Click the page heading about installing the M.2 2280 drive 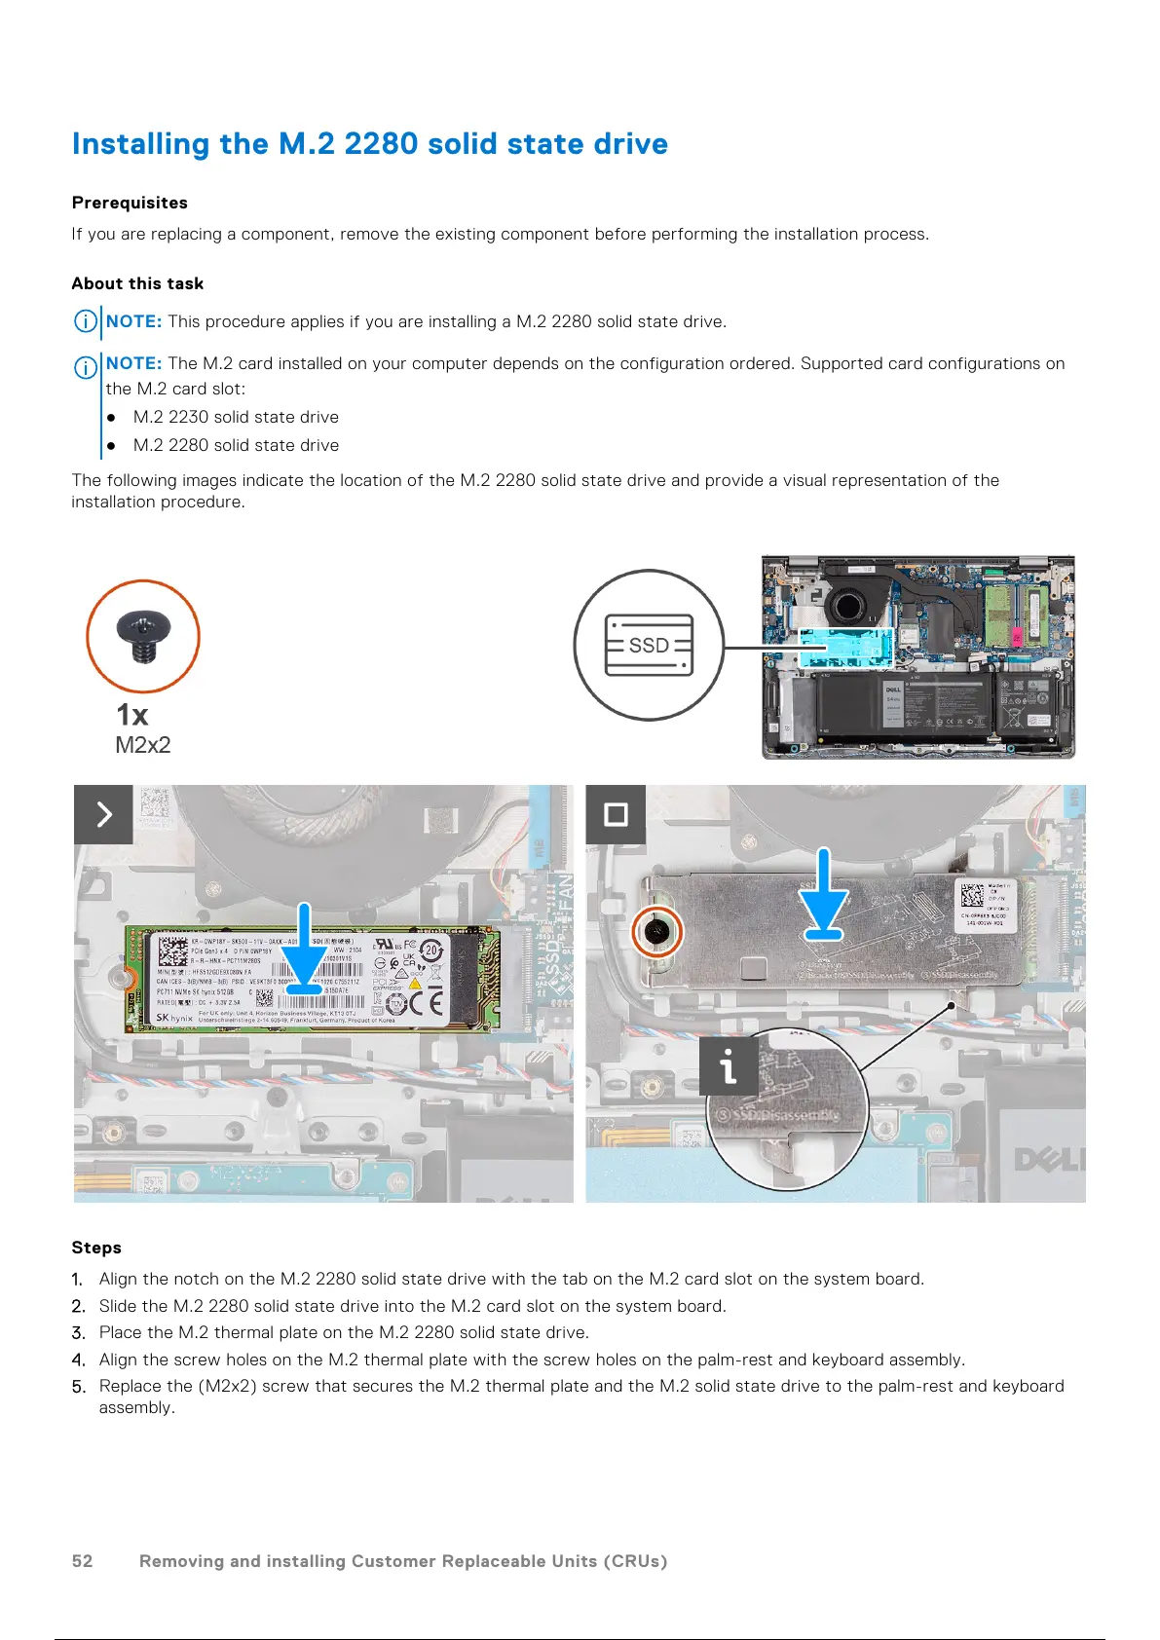point(369,144)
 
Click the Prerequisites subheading point(130,203)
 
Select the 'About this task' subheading point(137,283)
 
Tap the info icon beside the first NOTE point(86,321)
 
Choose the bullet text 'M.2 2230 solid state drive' point(236,417)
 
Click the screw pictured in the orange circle point(143,636)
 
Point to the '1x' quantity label point(132,715)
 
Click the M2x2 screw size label point(143,745)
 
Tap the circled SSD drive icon point(649,645)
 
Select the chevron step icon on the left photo point(103,814)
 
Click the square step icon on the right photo point(616,814)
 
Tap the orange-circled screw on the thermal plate point(657,932)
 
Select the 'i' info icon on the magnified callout point(729,1066)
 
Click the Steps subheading point(96,1248)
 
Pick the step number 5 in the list point(78,1387)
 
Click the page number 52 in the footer point(82,1561)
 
